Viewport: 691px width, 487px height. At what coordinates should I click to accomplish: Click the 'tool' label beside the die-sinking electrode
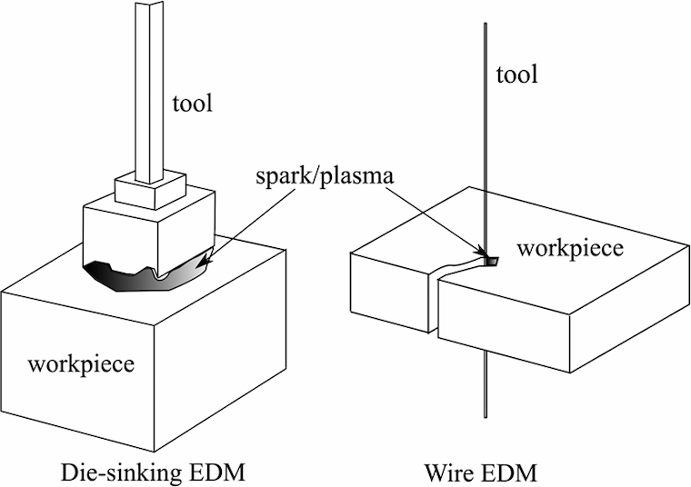tap(192, 104)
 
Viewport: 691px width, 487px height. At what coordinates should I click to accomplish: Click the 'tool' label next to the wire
tap(517, 75)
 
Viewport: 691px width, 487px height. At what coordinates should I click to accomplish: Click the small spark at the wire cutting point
tap(491, 262)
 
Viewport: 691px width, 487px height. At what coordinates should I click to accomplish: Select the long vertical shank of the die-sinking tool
tap(149, 91)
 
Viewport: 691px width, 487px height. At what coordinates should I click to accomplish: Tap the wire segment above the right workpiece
tap(486, 136)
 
